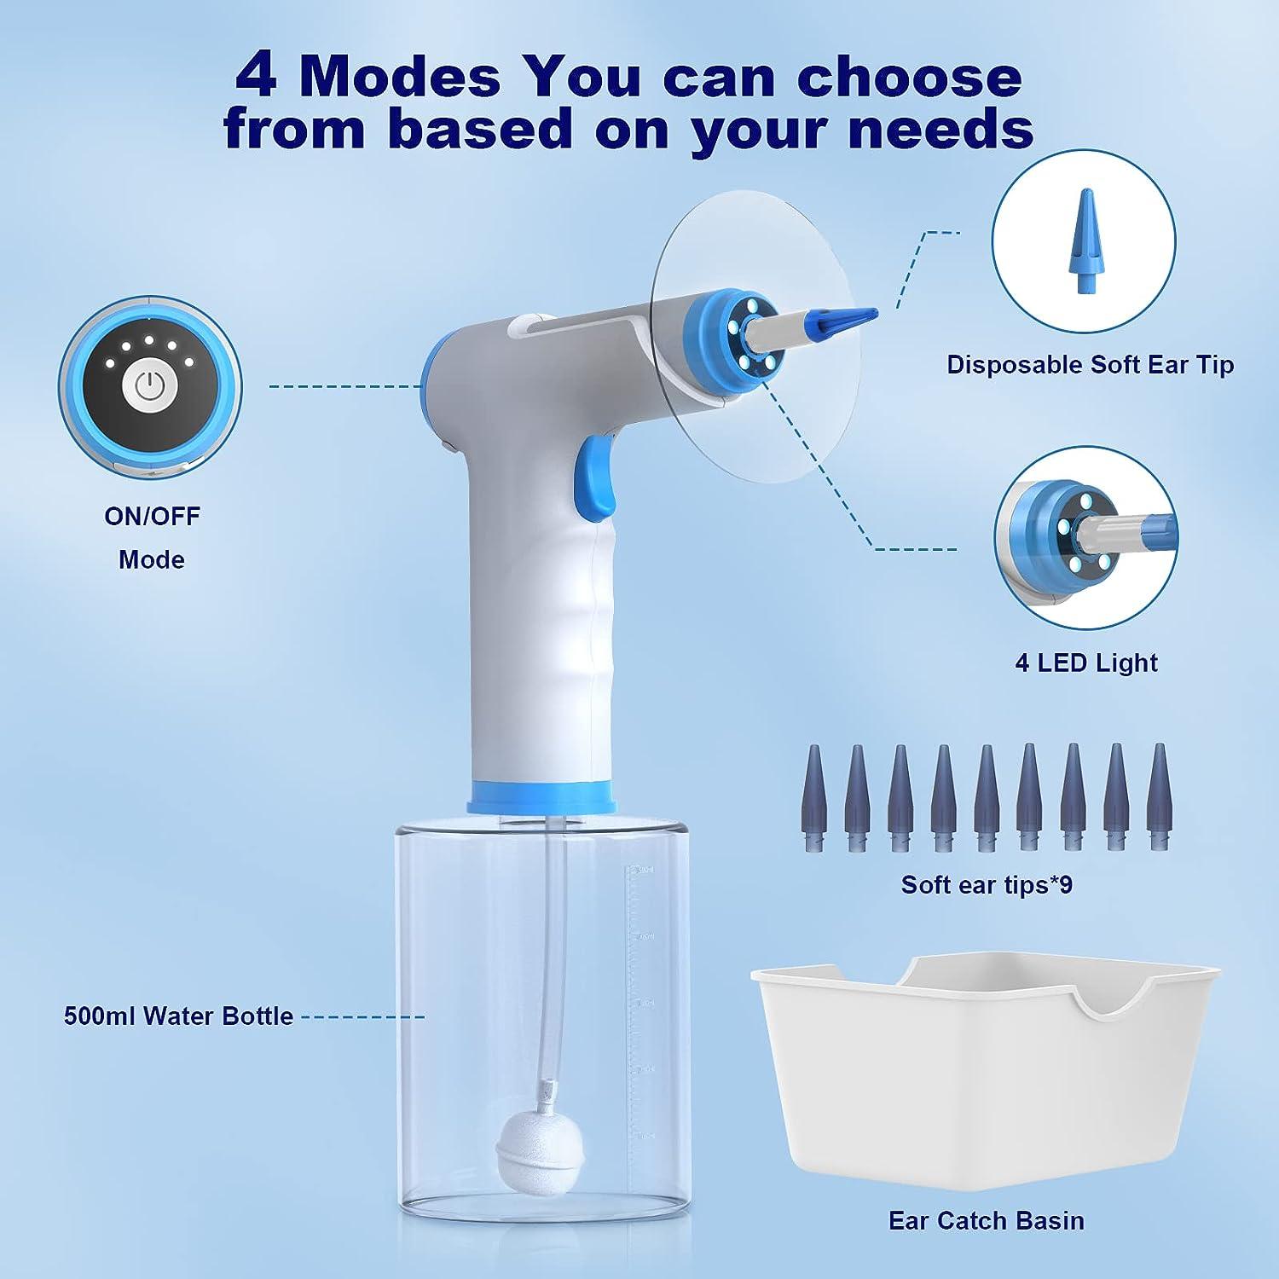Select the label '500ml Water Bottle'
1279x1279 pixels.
click(178, 1016)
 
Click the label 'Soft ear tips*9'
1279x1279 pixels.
click(987, 885)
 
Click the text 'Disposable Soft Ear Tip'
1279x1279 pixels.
click(1090, 365)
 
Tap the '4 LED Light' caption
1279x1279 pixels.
click(1085, 663)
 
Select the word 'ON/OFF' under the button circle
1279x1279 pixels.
click(152, 516)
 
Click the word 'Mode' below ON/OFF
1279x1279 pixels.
click(152, 559)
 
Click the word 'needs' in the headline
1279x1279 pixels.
click(947, 130)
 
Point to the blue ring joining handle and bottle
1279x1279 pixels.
click(542, 797)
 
